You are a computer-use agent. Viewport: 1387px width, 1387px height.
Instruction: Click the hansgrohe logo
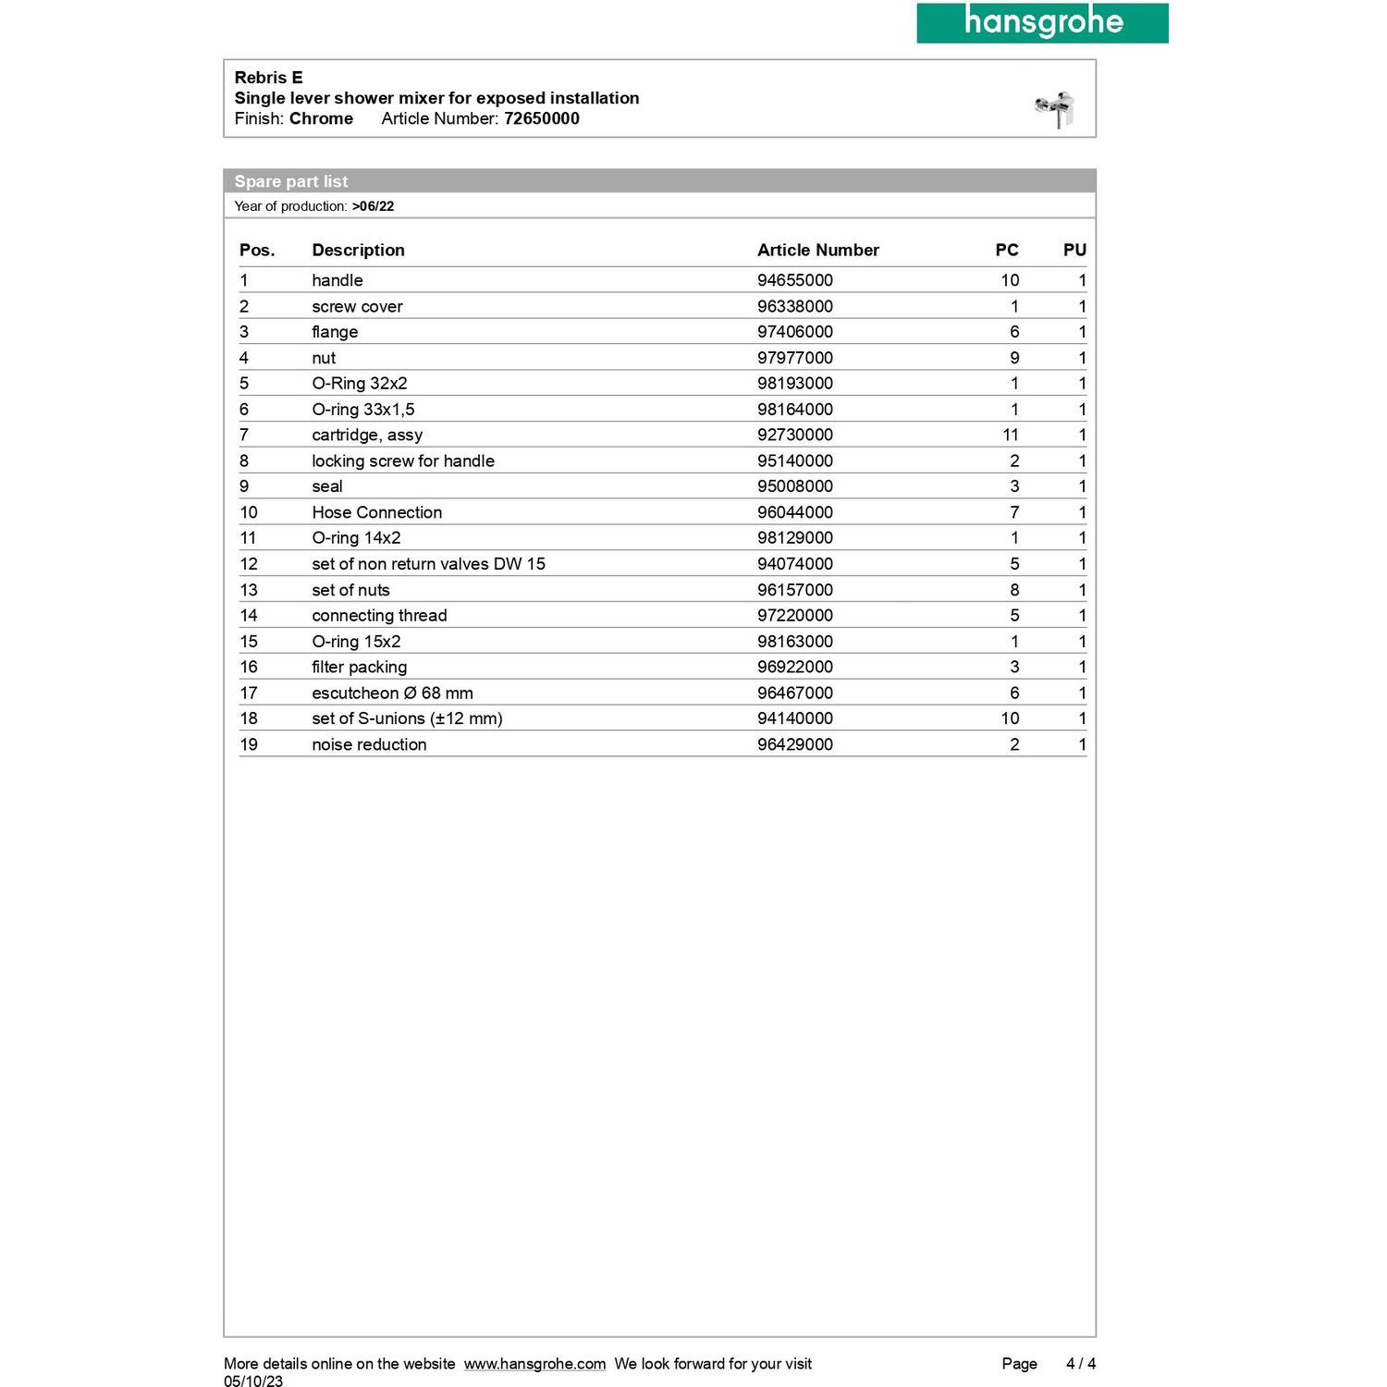(1042, 22)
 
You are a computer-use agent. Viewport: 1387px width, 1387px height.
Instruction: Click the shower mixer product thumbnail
(1055, 108)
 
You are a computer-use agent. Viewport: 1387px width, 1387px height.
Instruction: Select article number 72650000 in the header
(541, 118)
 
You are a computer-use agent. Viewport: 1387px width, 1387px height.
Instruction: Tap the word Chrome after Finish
(321, 118)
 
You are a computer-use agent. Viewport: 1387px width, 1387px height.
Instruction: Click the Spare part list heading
(291, 181)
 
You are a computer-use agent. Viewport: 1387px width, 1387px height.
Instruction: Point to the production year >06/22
(373, 206)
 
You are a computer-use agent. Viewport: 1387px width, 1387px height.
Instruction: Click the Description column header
(358, 250)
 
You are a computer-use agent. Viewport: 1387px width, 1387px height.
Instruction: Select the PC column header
(1006, 250)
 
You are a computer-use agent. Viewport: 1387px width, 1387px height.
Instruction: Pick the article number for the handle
(794, 280)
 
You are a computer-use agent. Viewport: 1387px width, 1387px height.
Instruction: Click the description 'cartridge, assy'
(367, 435)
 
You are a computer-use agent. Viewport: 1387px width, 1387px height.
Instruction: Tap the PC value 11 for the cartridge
(1010, 435)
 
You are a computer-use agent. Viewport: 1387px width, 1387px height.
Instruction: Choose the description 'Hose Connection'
(376, 512)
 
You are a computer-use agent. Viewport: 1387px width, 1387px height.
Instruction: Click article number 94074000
(794, 564)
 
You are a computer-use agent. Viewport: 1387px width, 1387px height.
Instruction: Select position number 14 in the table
(249, 616)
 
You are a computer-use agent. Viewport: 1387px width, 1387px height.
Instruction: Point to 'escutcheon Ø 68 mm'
(392, 693)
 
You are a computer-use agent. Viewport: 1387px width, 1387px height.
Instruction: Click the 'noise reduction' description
(369, 744)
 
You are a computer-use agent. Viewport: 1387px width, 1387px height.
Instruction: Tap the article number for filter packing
(794, 667)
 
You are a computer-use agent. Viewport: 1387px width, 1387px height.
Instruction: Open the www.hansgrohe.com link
(534, 1364)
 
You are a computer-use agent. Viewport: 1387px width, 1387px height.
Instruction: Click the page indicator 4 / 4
(1080, 1364)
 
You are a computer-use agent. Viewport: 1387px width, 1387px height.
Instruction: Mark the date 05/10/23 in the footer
(253, 1381)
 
